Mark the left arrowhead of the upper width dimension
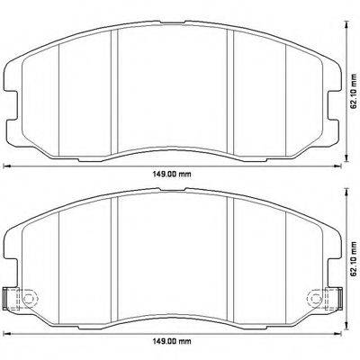pos(8,166)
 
